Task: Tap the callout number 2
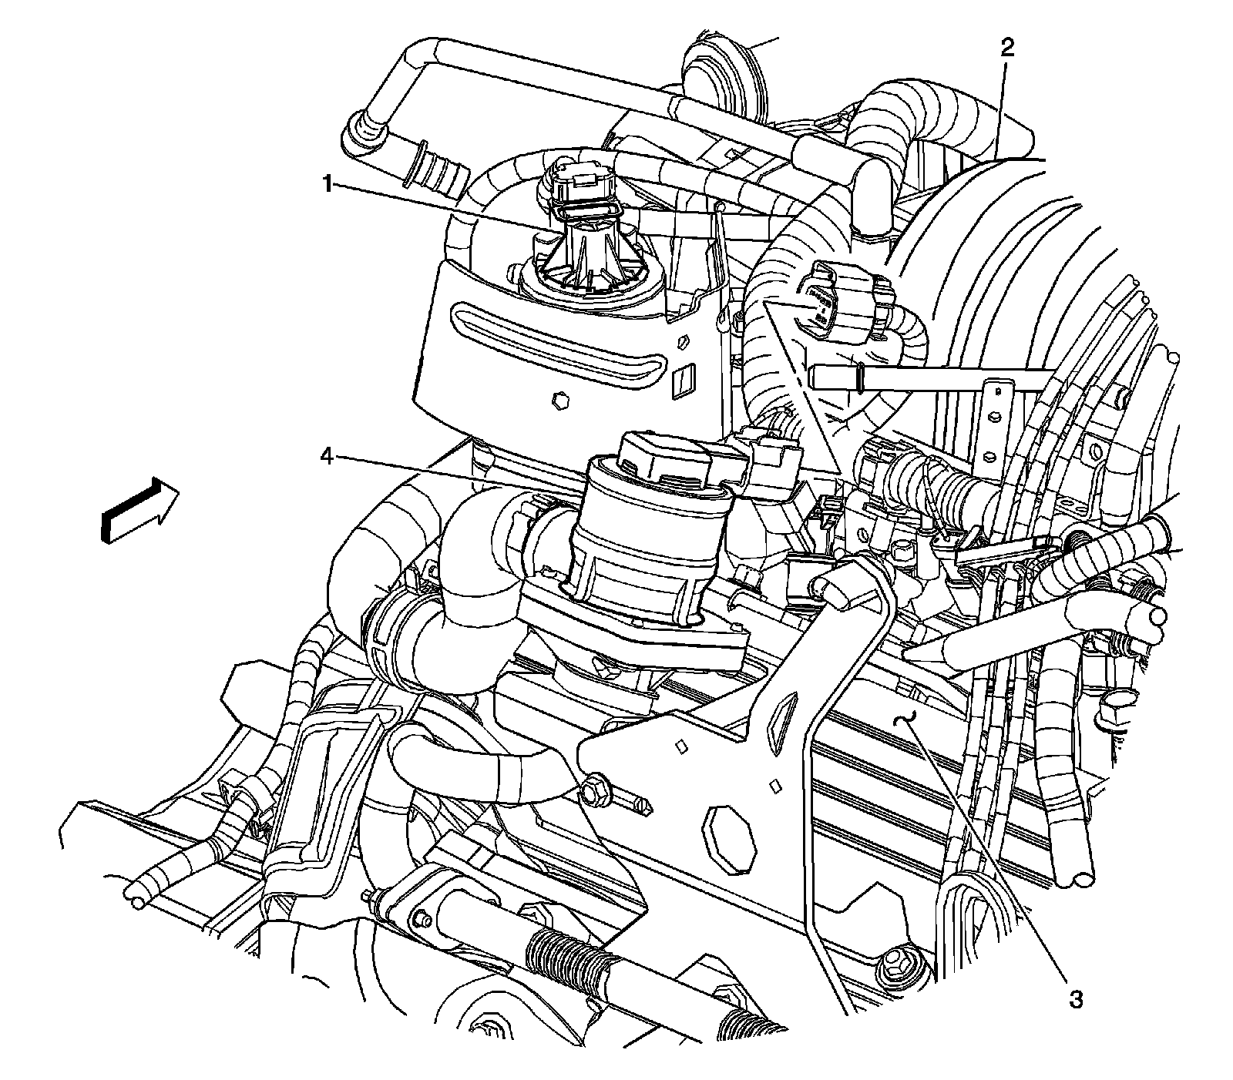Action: (x=1007, y=48)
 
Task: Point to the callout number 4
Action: (x=327, y=458)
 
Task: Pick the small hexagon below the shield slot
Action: (x=559, y=401)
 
